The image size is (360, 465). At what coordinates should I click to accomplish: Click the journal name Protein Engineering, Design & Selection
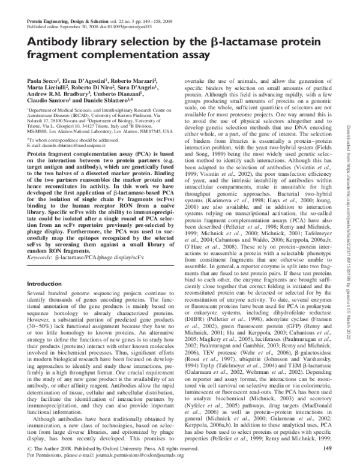click(67, 21)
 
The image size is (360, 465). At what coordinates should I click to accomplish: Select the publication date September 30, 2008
click(80, 27)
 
